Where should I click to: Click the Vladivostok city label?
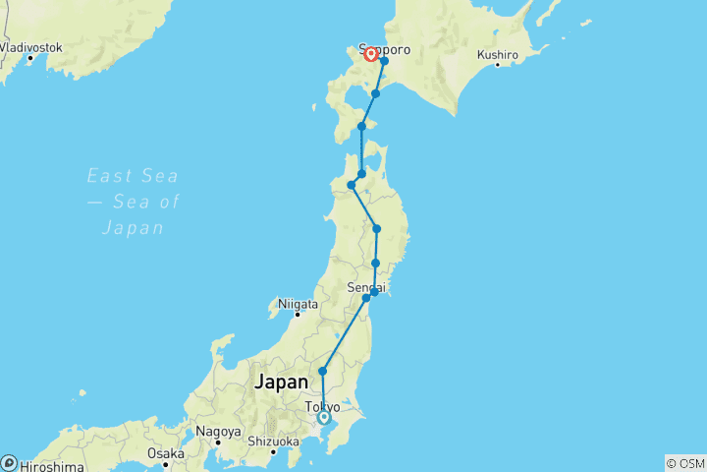coord(31,47)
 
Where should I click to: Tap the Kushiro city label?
coord(497,54)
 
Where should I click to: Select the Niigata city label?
coord(299,305)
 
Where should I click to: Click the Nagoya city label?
coord(218,432)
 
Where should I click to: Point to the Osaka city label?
coord(165,453)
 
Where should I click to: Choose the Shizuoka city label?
coord(272,442)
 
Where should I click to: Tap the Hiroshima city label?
coord(49,466)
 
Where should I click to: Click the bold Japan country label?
coord(282,383)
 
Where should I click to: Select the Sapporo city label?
coord(384,48)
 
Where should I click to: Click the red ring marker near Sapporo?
coord(371,55)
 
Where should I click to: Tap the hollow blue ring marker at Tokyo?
coord(324,418)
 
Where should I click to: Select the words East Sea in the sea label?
coord(133,176)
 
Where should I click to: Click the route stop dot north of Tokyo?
coord(322,371)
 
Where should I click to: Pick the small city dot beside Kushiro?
coord(497,65)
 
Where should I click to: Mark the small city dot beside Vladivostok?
coord(30,57)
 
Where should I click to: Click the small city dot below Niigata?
coord(297,316)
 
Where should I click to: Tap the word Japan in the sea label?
coord(133,228)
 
